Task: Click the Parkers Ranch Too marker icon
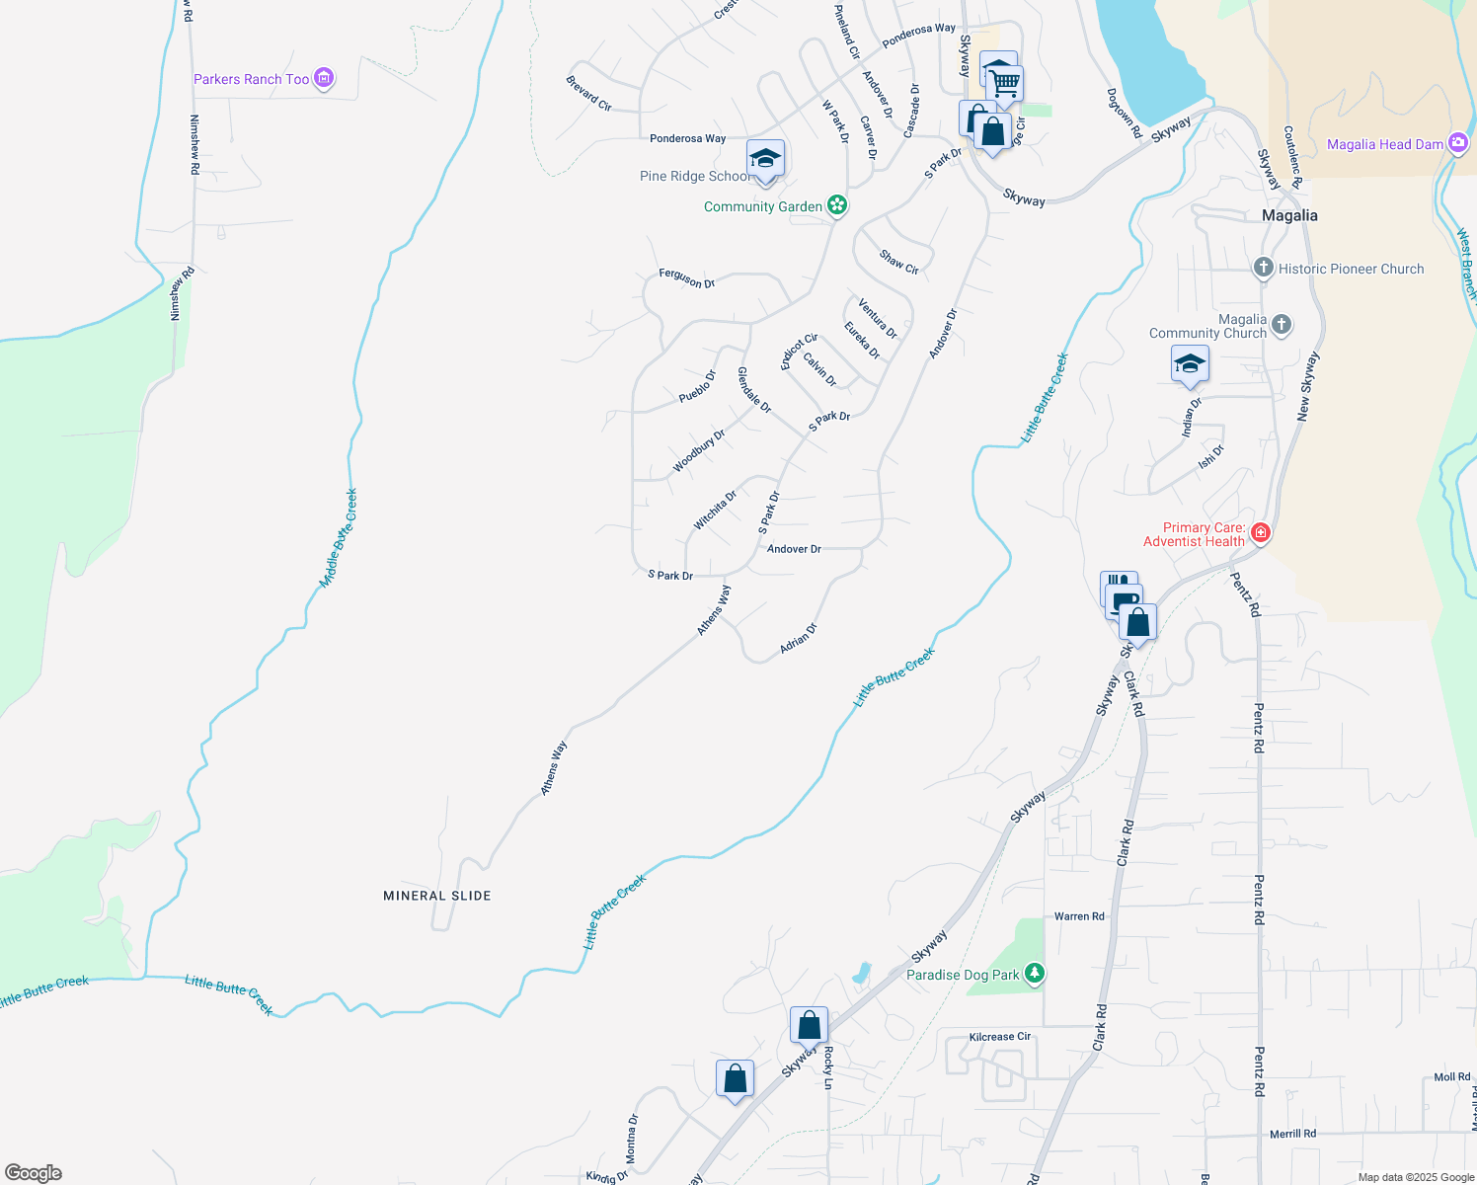coord(324,79)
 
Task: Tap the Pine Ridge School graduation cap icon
coord(765,158)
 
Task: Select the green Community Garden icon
coord(837,205)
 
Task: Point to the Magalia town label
coord(1289,215)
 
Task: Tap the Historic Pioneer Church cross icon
coord(1263,268)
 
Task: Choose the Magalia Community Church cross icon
coord(1281,324)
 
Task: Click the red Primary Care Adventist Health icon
coord(1260,533)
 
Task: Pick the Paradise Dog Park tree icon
coord(1034,974)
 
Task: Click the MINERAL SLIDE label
coord(437,896)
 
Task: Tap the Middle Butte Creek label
coord(338,539)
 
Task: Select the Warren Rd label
coord(1079,916)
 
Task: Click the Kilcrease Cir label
coord(999,1037)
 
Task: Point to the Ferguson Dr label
coord(686,279)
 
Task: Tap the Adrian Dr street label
coord(799,638)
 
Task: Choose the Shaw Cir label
coord(898,262)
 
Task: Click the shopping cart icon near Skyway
coord(1004,83)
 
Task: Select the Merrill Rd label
coord(1292,1134)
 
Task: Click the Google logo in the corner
coord(34,1173)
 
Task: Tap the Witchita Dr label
coord(715,511)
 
